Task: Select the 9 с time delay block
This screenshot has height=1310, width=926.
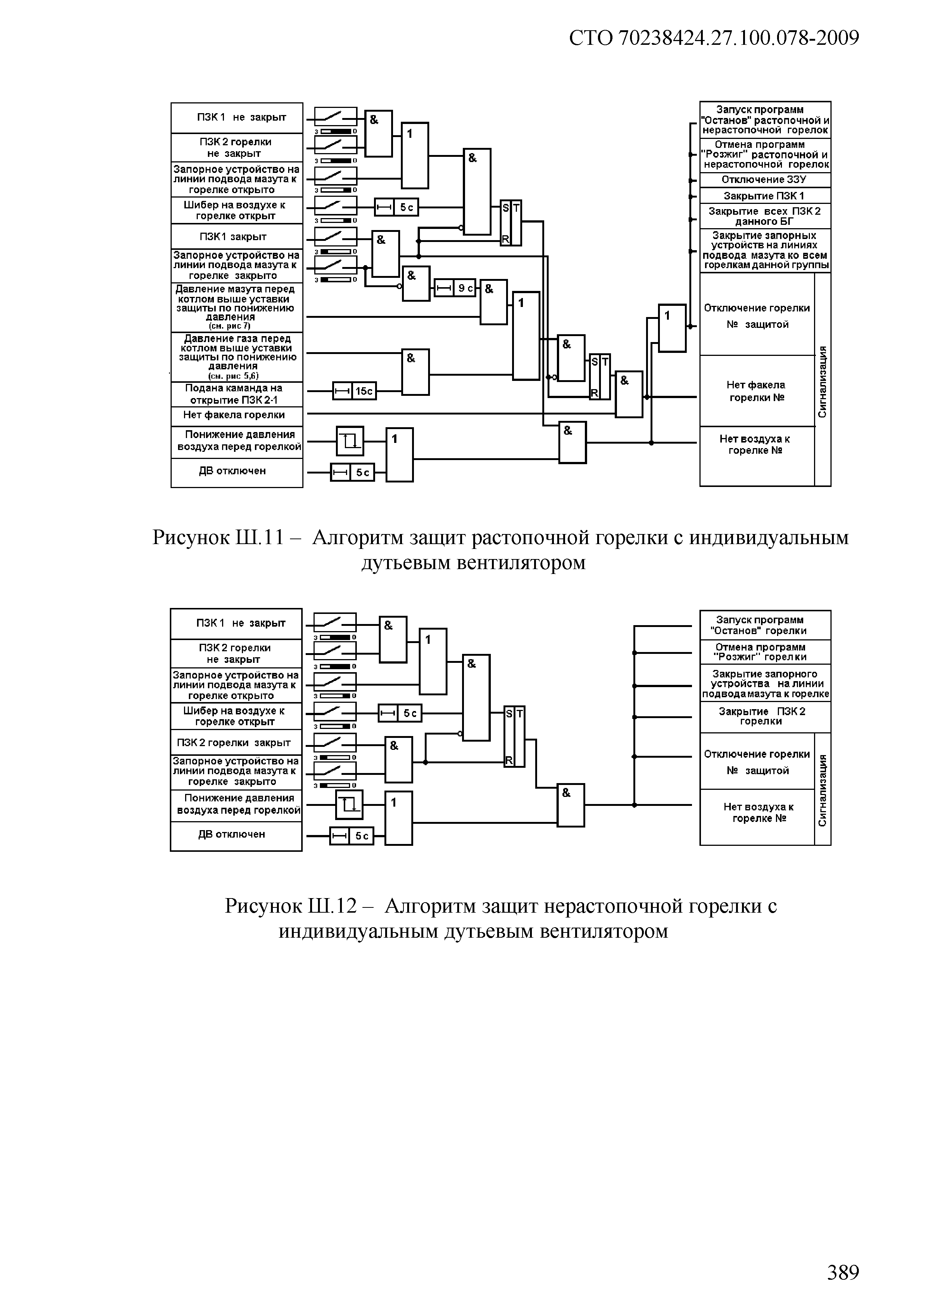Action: tap(455, 289)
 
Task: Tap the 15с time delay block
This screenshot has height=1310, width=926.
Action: tap(354, 391)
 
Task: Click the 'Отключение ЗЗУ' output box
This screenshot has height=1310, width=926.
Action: tap(765, 180)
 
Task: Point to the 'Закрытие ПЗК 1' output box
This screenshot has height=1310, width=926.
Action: tap(765, 196)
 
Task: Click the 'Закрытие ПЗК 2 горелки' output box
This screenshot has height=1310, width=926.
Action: tap(765, 717)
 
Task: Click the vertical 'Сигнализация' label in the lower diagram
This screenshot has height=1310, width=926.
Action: tap(822, 790)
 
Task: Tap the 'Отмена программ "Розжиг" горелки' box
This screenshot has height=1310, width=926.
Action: tap(765, 652)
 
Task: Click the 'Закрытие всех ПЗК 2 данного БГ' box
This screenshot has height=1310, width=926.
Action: tap(765, 216)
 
